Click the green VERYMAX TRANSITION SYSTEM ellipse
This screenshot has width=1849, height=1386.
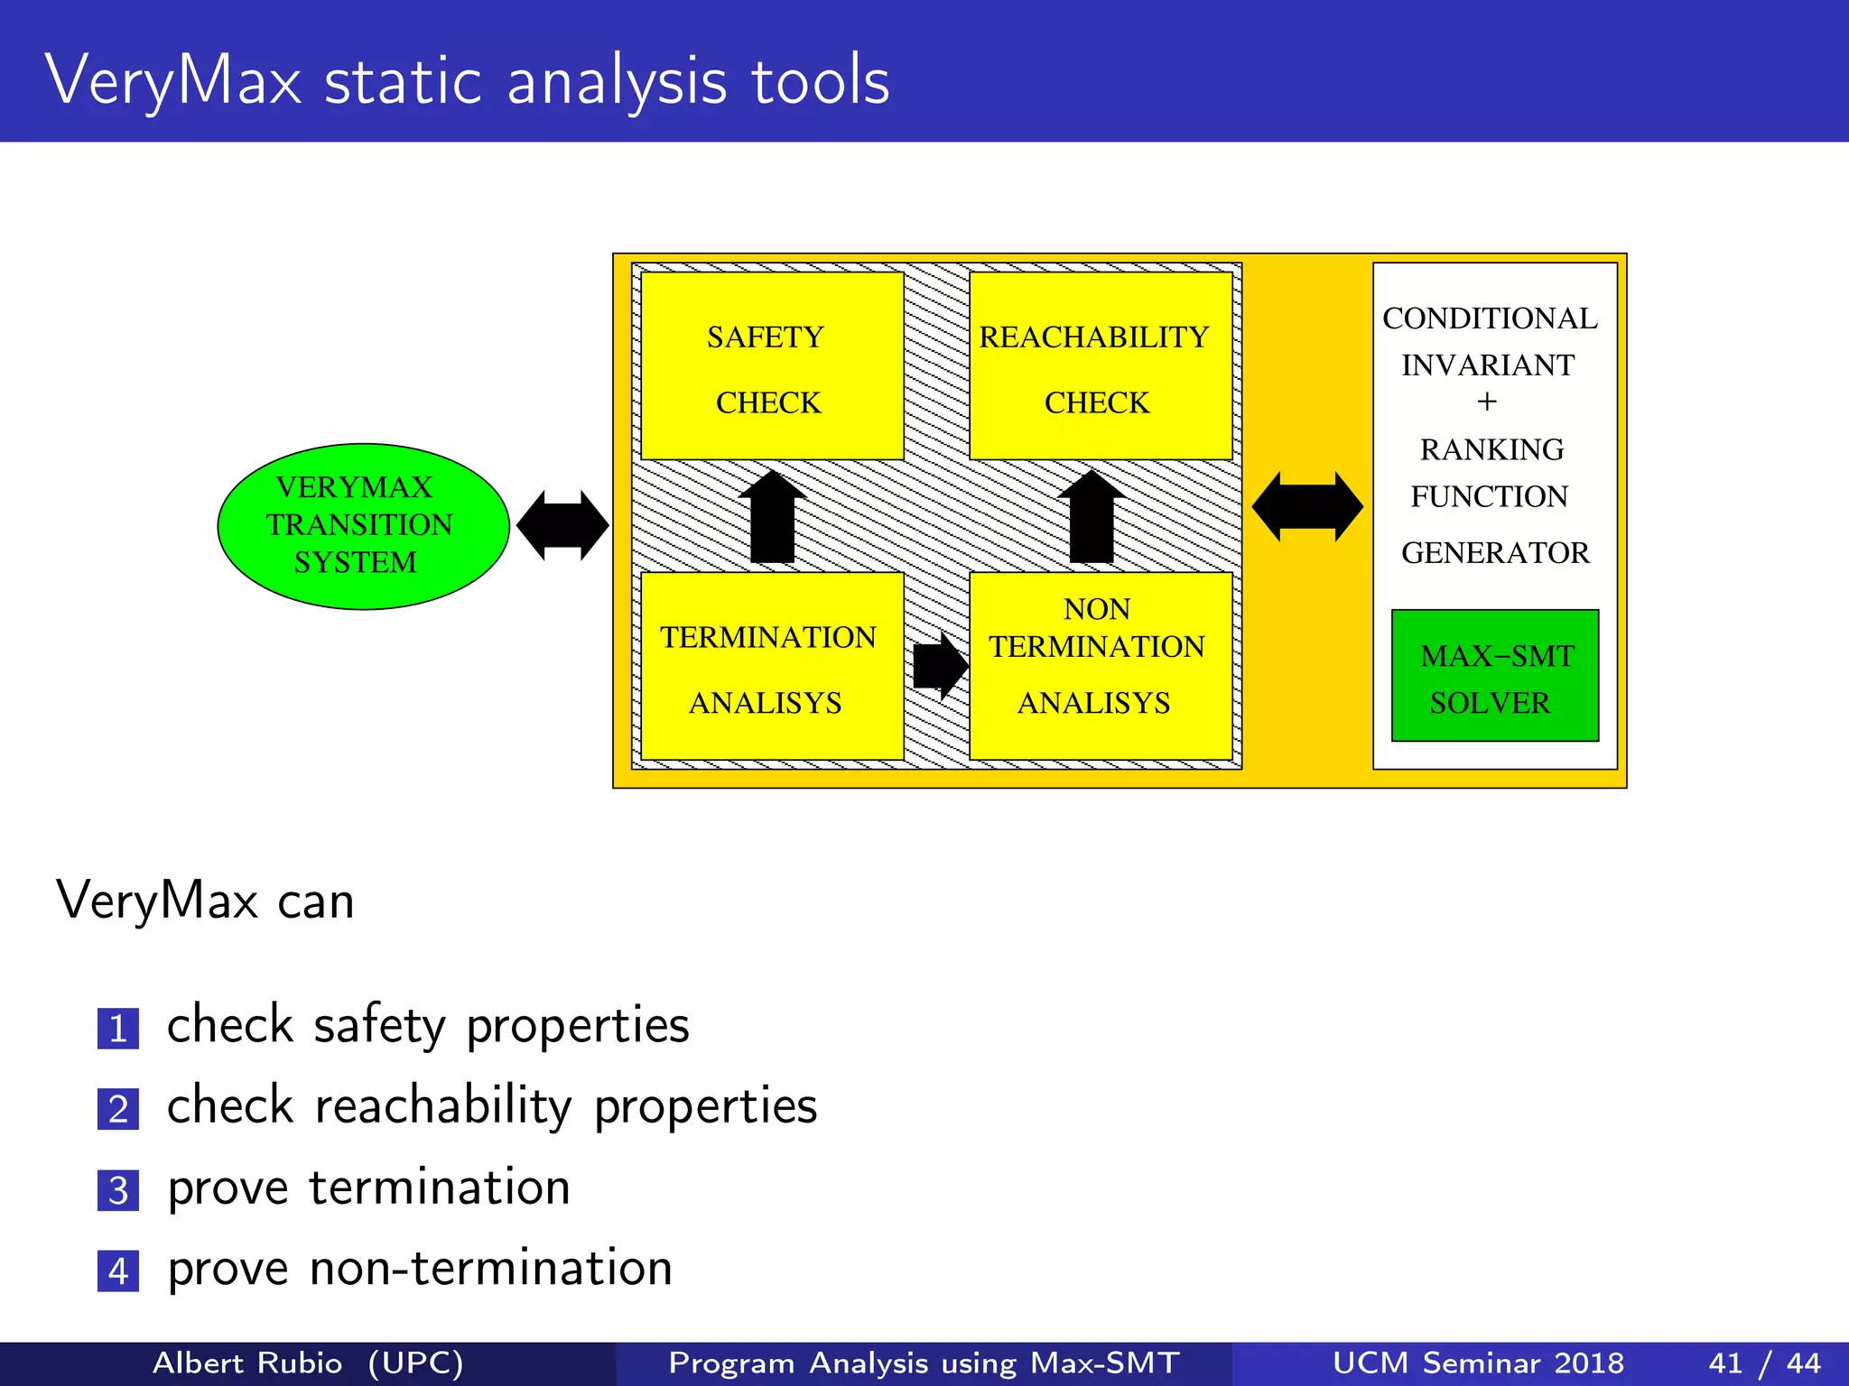coord(363,526)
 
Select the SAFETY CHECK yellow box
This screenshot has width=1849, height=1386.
coord(772,366)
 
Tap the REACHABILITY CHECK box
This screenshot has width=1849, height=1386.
coord(1101,366)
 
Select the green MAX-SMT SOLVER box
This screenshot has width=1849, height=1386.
coord(1494,676)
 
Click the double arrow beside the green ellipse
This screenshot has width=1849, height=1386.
coord(562,526)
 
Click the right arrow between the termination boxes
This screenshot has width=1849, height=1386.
coord(939,666)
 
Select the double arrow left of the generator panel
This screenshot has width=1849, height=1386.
coord(1306,507)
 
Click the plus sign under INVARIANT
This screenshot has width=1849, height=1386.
coord(1487,402)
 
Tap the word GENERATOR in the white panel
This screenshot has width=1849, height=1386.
coord(1494,552)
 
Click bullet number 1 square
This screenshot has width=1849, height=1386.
coord(118,1029)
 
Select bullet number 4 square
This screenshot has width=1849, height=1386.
coord(118,1271)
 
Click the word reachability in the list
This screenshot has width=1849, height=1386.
coord(442,1106)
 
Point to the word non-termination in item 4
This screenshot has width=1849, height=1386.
coord(491,1268)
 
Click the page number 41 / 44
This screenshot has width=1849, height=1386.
coord(1764,1363)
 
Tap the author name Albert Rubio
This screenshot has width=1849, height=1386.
coord(247,1363)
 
